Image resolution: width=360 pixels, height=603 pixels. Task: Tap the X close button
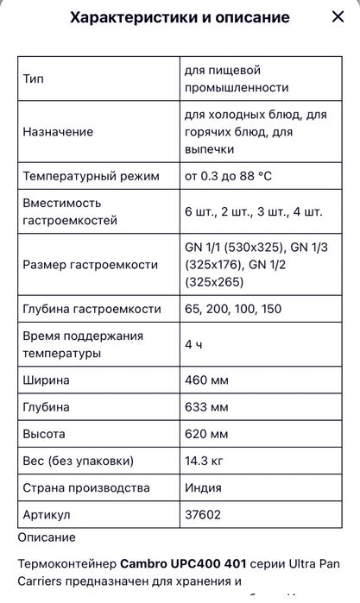338,17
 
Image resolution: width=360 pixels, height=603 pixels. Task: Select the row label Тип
33,79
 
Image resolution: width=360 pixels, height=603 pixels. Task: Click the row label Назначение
58,132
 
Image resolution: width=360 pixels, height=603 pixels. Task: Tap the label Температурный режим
91,176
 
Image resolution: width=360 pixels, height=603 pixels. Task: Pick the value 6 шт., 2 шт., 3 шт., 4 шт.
253,211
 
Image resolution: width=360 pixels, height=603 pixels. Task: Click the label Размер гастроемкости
90,264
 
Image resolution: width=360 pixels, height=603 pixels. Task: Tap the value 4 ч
193,344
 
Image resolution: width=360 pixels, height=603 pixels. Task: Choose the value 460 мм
206,380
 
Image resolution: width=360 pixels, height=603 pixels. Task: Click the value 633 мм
206,406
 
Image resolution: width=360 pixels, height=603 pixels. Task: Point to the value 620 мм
206,434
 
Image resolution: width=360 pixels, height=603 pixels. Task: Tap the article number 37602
201,515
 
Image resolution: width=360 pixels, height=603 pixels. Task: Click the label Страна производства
86,488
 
